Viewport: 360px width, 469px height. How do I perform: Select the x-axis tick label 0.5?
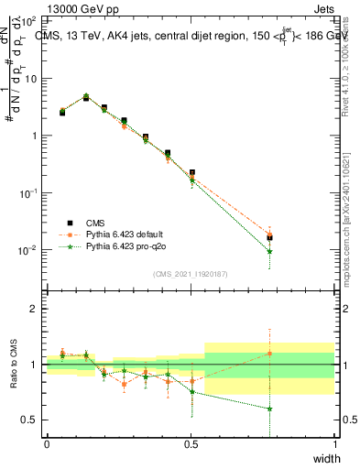click(x=191, y=444)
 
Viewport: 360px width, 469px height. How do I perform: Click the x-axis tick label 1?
click(x=335, y=444)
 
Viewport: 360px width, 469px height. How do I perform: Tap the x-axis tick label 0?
click(x=47, y=444)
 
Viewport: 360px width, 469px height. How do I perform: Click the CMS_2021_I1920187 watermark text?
click(x=191, y=273)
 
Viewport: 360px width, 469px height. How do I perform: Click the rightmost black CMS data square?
click(x=269, y=238)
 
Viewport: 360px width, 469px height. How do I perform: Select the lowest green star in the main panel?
click(x=269, y=251)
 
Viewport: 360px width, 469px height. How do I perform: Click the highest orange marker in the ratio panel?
click(x=269, y=353)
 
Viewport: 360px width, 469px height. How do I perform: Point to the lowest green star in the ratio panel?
click(x=269, y=409)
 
